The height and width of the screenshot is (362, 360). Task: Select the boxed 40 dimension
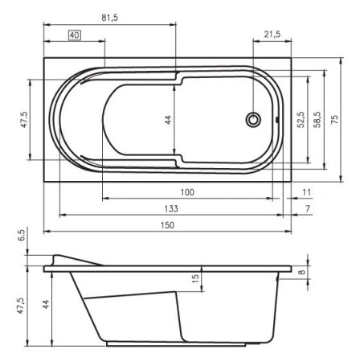tap(74, 35)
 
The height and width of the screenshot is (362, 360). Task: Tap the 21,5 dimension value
tap(272, 35)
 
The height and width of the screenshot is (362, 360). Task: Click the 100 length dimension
tap(186, 191)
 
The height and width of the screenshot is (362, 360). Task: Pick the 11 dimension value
tap(307, 191)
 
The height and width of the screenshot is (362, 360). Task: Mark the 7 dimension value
tap(308, 208)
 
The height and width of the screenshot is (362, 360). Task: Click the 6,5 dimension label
tap(22, 237)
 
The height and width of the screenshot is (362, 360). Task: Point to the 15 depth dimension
tap(194, 278)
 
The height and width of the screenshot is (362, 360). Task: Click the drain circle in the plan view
tap(253, 120)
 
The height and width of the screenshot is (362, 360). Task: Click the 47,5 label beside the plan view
tap(24, 119)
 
